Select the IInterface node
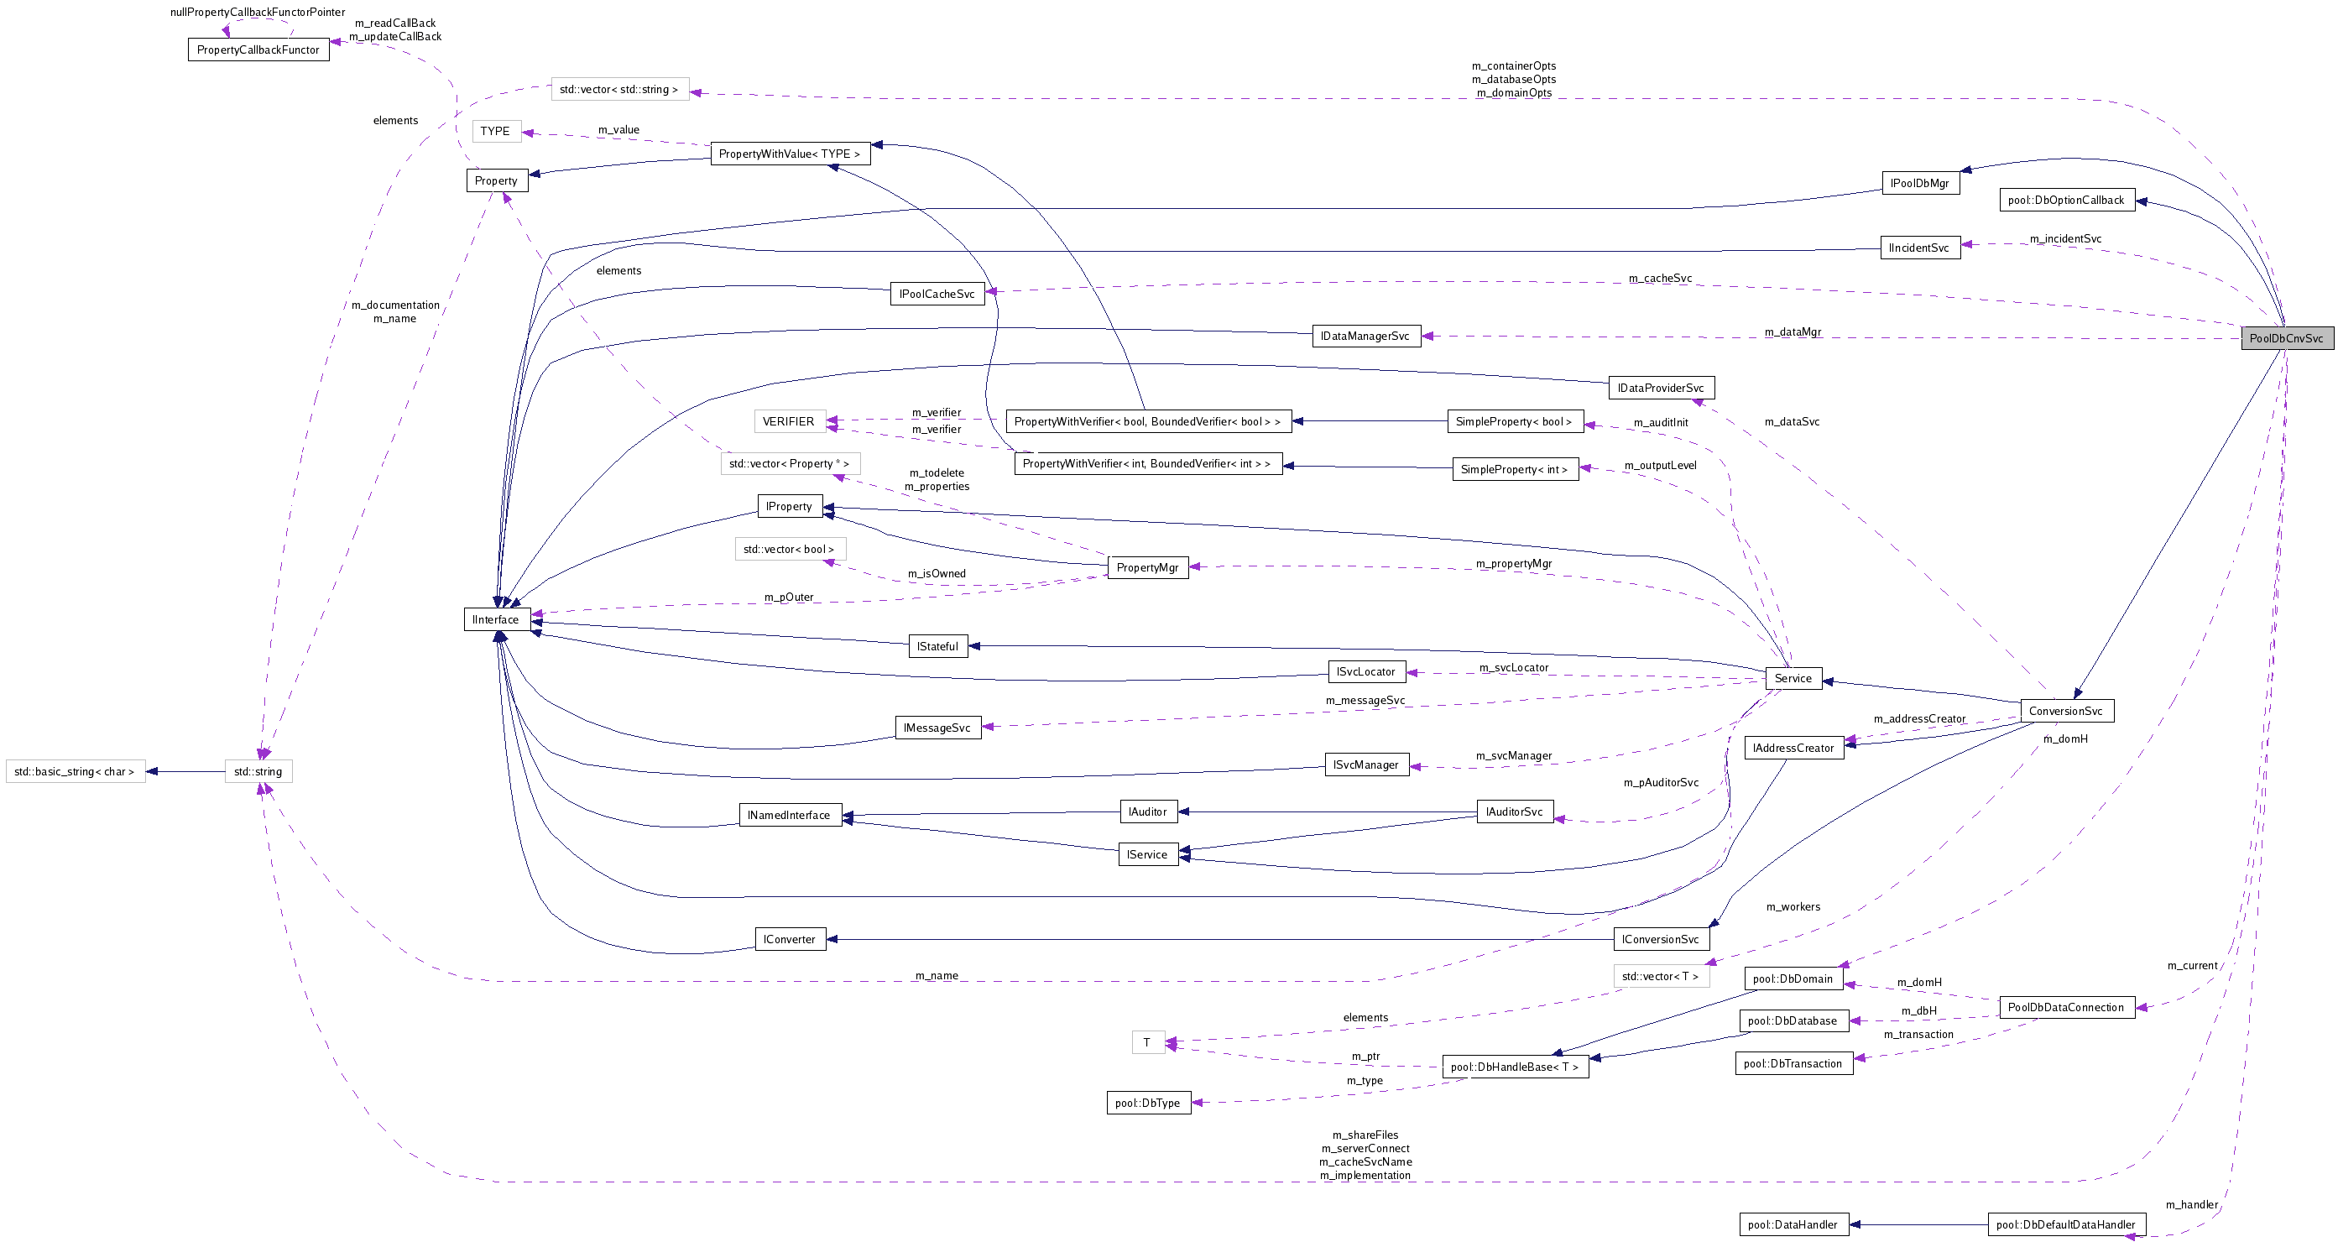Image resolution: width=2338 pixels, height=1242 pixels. coord(496,619)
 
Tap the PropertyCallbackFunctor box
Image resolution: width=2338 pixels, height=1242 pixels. coord(258,50)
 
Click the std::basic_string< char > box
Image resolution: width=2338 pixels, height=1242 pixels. coord(75,772)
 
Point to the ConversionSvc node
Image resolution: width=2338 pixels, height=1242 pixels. coord(2066,711)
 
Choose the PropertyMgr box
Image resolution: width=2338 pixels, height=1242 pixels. coord(1147,567)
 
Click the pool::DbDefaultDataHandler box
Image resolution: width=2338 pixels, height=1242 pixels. coord(2066,1224)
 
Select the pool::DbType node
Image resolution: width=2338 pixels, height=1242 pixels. coord(1147,1103)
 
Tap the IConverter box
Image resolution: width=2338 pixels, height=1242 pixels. coord(790,939)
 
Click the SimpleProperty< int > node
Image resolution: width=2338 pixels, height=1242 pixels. coord(1514,469)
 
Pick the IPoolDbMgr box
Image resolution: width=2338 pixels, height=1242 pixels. coord(1919,184)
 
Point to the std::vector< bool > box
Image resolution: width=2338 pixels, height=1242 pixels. coord(789,550)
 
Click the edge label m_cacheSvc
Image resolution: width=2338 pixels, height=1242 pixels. coord(1660,278)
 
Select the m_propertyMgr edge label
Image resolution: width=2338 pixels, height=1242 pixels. coord(1514,564)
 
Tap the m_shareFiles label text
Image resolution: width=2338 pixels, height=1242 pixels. coord(1365,1135)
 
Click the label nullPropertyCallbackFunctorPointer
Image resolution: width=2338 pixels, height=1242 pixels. coord(258,12)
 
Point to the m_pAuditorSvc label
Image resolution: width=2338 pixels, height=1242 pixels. coord(1661,783)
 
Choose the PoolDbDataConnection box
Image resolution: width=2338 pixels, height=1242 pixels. coord(2066,1007)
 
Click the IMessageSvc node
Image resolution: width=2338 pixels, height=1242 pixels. coord(937,728)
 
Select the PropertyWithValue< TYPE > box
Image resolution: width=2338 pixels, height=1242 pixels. coord(790,154)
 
